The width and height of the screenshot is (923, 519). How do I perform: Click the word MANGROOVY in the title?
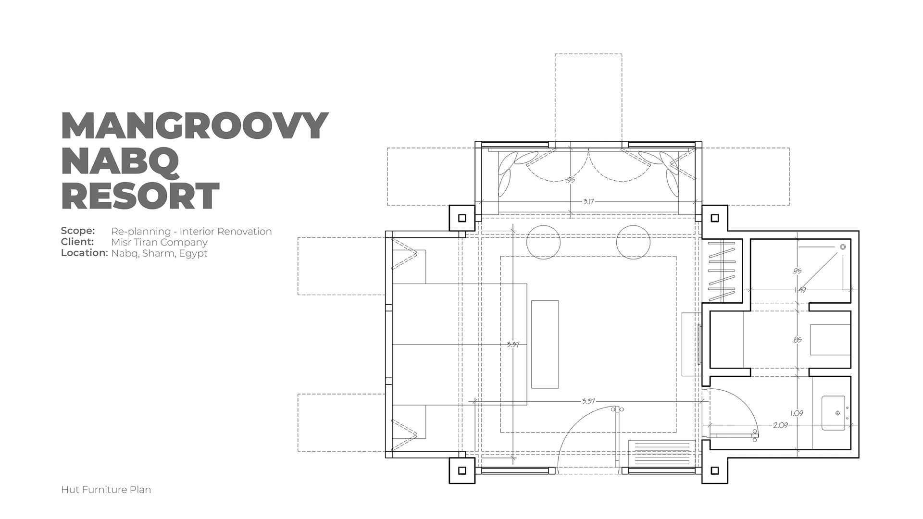pyautogui.click(x=195, y=126)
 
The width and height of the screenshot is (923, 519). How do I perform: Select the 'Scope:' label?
pyautogui.click(x=78, y=231)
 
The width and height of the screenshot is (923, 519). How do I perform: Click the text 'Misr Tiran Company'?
pyautogui.click(x=159, y=242)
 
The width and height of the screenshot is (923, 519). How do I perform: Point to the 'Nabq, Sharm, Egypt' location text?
pyautogui.click(x=159, y=253)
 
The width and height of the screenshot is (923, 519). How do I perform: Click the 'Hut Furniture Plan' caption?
pyautogui.click(x=106, y=490)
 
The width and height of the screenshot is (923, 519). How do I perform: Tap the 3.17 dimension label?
pyautogui.click(x=588, y=201)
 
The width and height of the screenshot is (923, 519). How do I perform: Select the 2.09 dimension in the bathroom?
pyautogui.click(x=780, y=425)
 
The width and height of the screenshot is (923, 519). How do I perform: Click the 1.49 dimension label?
pyautogui.click(x=800, y=290)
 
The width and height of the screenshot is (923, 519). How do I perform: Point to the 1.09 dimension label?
pyautogui.click(x=797, y=413)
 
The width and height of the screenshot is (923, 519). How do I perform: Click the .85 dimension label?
pyautogui.click(x=797, y=340)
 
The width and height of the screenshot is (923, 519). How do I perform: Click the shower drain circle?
pyautogui.click(x=843, y=247)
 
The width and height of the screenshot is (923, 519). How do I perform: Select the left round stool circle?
pyautogui.click(x=544, y=242)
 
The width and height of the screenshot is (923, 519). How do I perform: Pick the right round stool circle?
pyautogui.click(x=634, y=242)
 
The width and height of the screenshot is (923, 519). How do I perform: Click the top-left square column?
pyautogui.click(x=462, y=218)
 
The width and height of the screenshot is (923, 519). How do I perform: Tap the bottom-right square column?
pyautogui.click(x=715, y=470)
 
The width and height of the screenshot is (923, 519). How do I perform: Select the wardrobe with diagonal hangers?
pyautogui.click(x=722, y=271)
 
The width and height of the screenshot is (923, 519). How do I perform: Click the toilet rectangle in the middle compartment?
pyautogui.click(x=830, y=340)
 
